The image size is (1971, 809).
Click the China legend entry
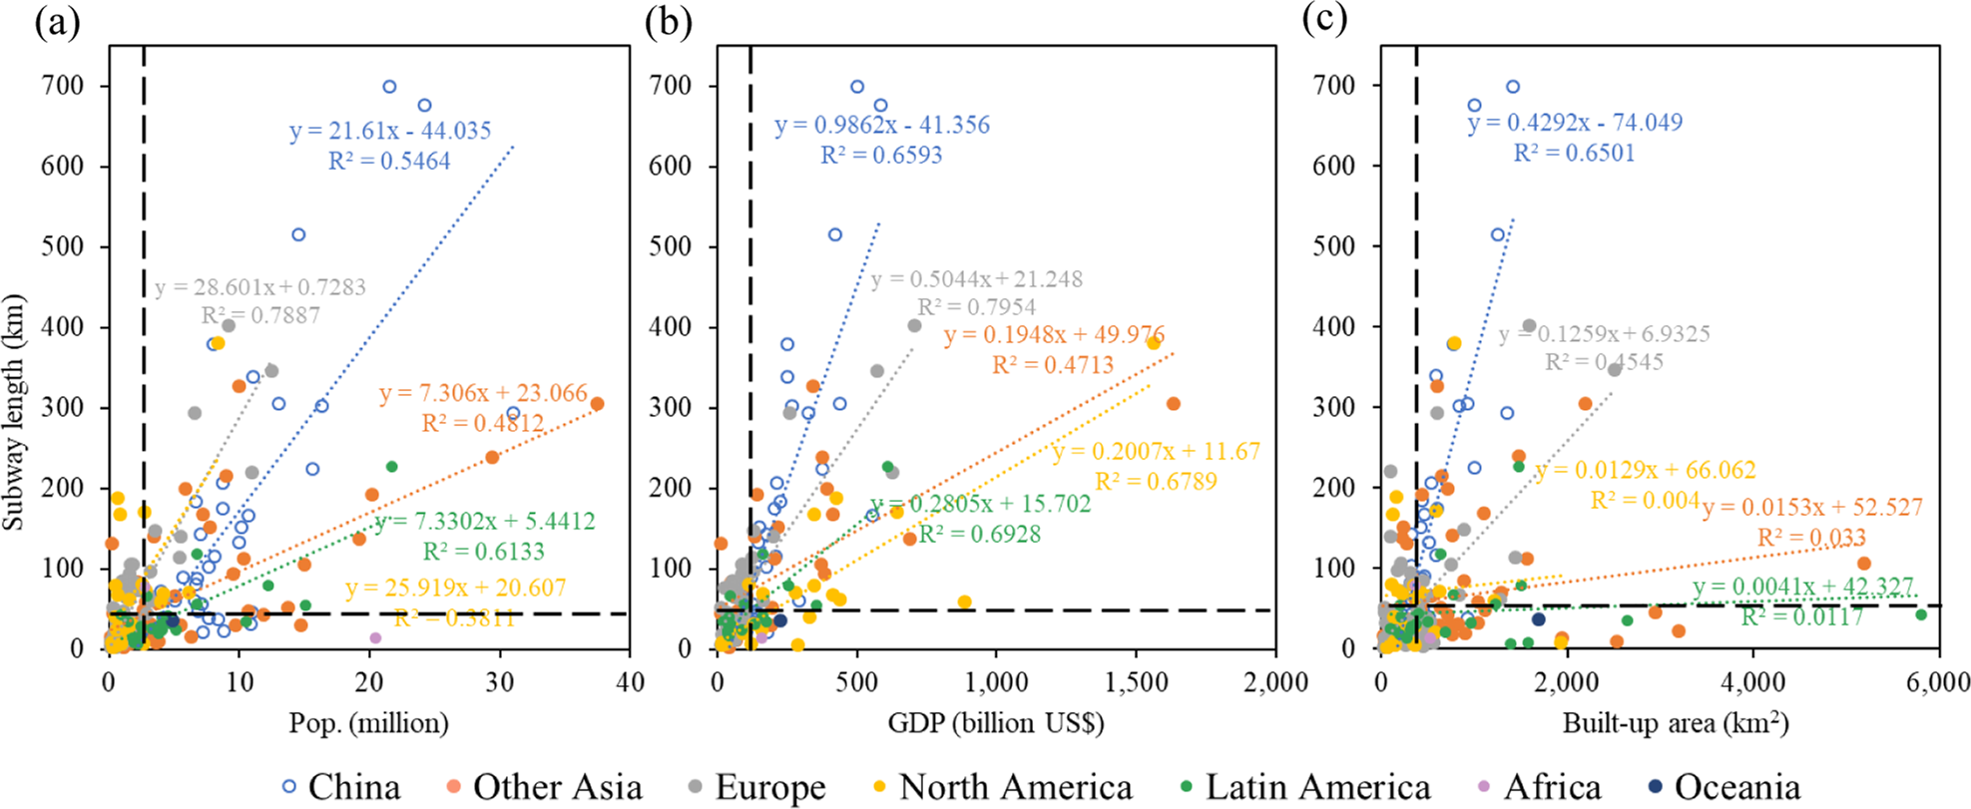(x=342, y=787)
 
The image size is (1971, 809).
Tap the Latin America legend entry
(x=1304, y=787)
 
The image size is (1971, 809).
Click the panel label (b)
(x=668, y=21)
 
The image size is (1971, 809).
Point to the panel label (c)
(x=1324, y=21)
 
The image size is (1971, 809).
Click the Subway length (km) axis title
(x=14, y=411)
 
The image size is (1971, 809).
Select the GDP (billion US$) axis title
(x=995, y=722)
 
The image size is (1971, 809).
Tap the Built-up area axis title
(x=1675, y=722)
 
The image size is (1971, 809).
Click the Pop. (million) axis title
(x=368, y=722)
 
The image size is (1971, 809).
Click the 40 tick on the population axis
(x=630, y=682)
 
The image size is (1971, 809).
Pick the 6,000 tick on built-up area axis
(x=1939, y=682)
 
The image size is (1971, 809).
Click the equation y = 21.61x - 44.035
(x=390, y=131)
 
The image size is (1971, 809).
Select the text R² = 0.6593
(x=881, y=156)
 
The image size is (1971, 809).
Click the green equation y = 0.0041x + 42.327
(x=1802, y=587)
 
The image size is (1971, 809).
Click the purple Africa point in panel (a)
(x=375, y=637)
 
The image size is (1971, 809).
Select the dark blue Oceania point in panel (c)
(x=1538, y=619)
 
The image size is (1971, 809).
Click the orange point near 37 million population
(x=597, y=404)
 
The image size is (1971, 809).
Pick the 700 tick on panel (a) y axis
(x=63, y=86)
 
